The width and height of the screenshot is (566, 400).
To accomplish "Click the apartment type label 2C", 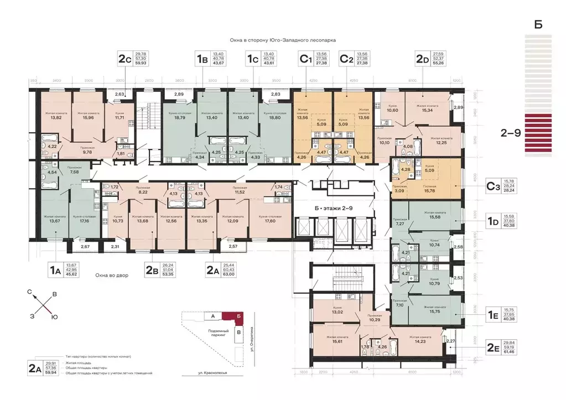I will coord(124,58).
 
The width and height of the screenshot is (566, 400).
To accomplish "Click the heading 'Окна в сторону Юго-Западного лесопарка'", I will coord(283,40).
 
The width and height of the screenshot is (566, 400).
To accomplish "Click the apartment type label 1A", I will coord(55,271).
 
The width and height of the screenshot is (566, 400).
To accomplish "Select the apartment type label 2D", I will coord(423,58).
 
